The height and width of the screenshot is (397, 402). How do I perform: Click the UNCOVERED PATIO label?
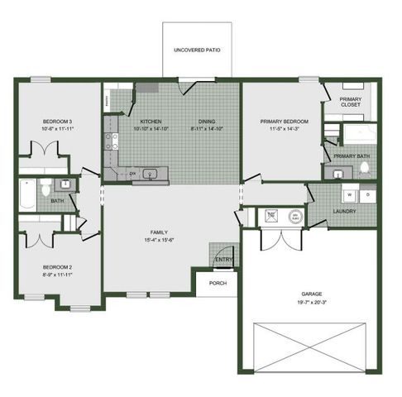[197, 50]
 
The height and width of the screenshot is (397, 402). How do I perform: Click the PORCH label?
[218, 283]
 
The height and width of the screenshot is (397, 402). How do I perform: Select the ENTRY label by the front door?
[223, 260]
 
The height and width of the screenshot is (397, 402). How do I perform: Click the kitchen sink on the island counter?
[151, 174]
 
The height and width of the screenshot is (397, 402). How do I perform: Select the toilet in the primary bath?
[365, 169]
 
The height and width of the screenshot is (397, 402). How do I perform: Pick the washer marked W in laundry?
[349, 196]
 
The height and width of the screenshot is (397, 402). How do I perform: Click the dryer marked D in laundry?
[368, 196]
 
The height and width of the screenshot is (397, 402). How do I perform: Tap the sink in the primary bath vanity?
[337, 172]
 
